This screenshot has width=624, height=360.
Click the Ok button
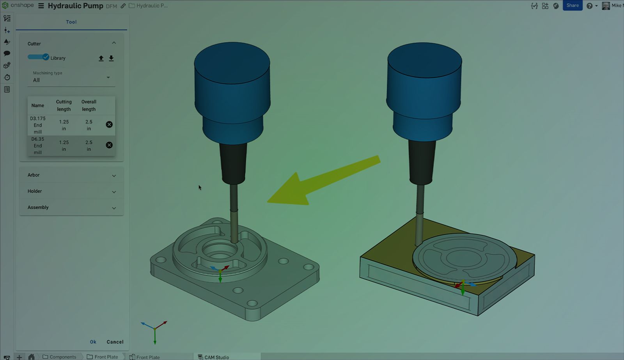point(93,342)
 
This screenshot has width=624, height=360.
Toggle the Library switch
point(39,57)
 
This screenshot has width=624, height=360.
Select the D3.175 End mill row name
point(37,125)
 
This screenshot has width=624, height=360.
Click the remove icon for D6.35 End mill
point(109,145)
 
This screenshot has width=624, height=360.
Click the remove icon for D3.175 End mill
point(109,124)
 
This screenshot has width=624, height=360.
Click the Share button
point(573,5)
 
